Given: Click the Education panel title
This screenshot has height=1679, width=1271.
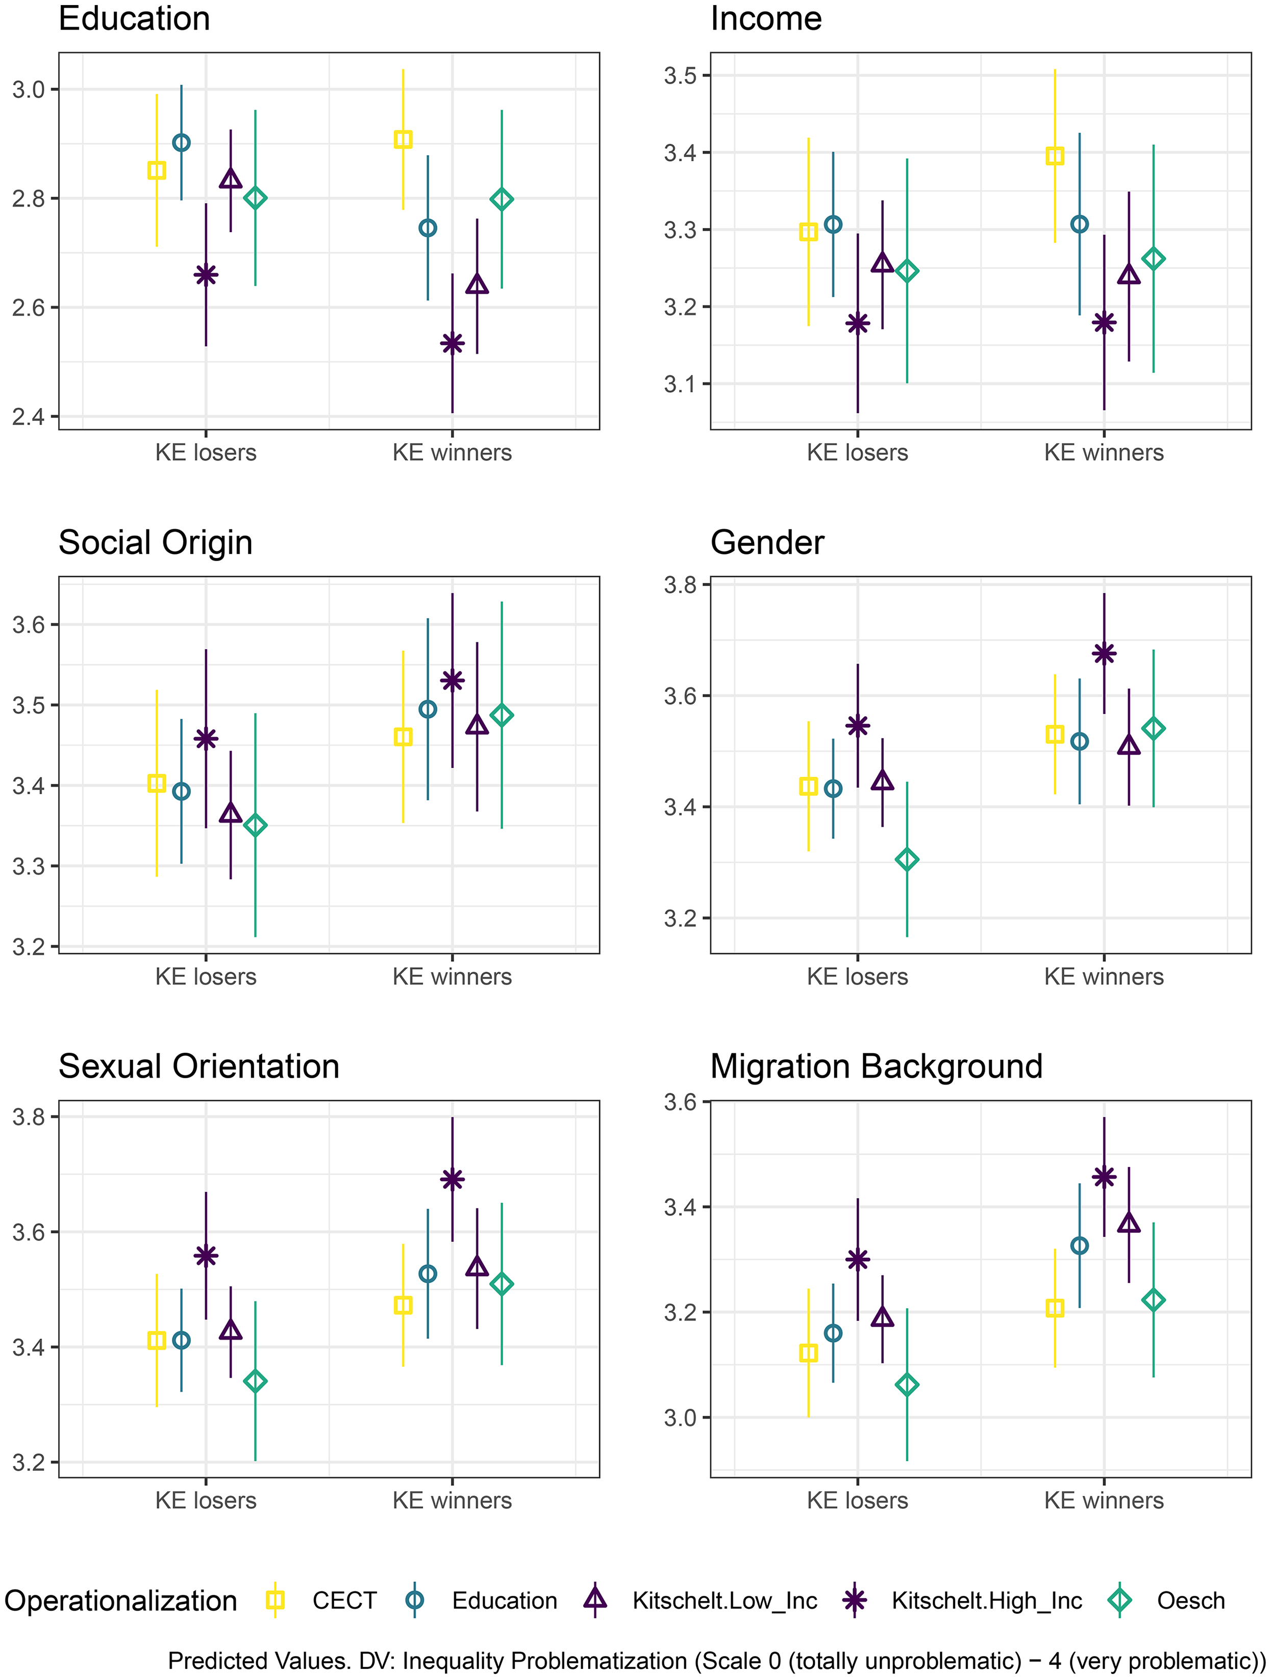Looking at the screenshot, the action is click(x=134, y=18).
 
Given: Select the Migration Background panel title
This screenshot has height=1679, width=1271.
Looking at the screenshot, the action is click(x=876, y=1066).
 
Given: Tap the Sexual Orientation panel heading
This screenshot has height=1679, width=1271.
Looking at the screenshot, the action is click(x=199, y=1066).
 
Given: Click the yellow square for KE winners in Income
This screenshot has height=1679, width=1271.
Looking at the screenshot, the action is click(x=1055, y=156).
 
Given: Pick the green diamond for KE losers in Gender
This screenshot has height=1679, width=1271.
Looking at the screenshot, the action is click(x=907, y=859).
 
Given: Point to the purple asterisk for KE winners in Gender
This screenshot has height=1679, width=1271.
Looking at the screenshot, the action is click(x=1104, y=653).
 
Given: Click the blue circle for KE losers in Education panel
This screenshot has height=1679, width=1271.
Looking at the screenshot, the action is click(x=182, y=143).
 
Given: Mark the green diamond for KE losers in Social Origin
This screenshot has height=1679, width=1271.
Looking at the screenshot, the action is click(x=255, y=825).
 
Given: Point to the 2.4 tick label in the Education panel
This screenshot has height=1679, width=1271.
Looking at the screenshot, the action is click(x=30, y=416).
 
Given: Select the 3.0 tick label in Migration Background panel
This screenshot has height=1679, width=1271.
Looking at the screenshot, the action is click(x=681, y=1417).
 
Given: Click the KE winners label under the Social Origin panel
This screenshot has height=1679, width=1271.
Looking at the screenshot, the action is click(x=453, y=976).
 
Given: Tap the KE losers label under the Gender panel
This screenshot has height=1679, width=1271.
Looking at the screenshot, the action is click(x=857, y=976).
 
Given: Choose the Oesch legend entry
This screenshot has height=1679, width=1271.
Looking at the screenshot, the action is click(x=1173, y=1601).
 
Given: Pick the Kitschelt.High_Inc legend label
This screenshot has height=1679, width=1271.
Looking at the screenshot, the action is click(x=987, y=1601).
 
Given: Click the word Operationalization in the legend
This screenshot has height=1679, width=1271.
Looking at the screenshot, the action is click(x=121, y=1601).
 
